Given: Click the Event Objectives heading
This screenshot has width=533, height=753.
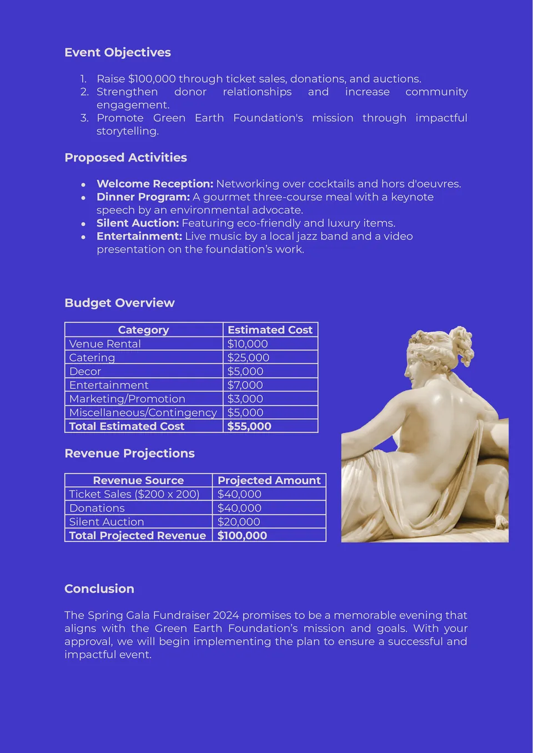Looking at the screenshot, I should (118, 52).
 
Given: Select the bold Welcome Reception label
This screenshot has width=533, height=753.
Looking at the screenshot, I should (155, 184).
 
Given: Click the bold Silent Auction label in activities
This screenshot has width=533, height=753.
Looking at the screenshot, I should (138, 223).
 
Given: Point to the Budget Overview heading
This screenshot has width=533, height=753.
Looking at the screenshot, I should (119, 303).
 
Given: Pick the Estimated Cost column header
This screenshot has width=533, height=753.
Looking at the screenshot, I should (270, 330).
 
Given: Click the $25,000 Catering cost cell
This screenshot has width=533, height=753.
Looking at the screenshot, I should (248, 358).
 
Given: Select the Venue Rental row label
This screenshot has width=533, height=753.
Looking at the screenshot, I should (105, 344).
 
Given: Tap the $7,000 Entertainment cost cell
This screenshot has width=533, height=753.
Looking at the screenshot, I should (245, 385).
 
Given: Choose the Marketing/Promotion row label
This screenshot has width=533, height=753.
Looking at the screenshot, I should (127, 399).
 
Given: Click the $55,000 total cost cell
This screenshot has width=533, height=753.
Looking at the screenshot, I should (249, 426).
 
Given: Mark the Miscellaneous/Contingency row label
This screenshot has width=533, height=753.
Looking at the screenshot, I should (143, 413).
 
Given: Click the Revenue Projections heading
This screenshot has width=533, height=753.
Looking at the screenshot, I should (129, 453).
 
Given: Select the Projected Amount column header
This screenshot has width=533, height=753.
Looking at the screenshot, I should (269, 480).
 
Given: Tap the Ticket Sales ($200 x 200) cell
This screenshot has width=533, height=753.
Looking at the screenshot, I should (134, 494).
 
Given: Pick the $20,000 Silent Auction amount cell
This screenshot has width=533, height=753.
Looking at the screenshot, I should (239, 522).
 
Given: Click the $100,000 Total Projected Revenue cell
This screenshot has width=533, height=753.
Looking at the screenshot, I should (242, 536).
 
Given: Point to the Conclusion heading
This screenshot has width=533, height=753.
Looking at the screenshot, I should (99, 589).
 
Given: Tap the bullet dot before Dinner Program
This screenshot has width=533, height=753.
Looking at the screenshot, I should (83, 198).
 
